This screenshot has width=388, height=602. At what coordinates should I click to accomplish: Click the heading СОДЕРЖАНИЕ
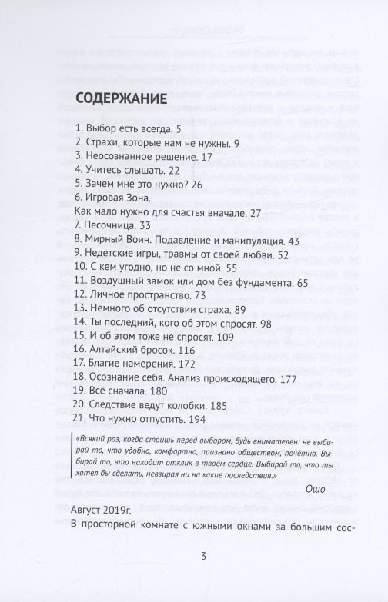pyautogui.click(x=122, y=99)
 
